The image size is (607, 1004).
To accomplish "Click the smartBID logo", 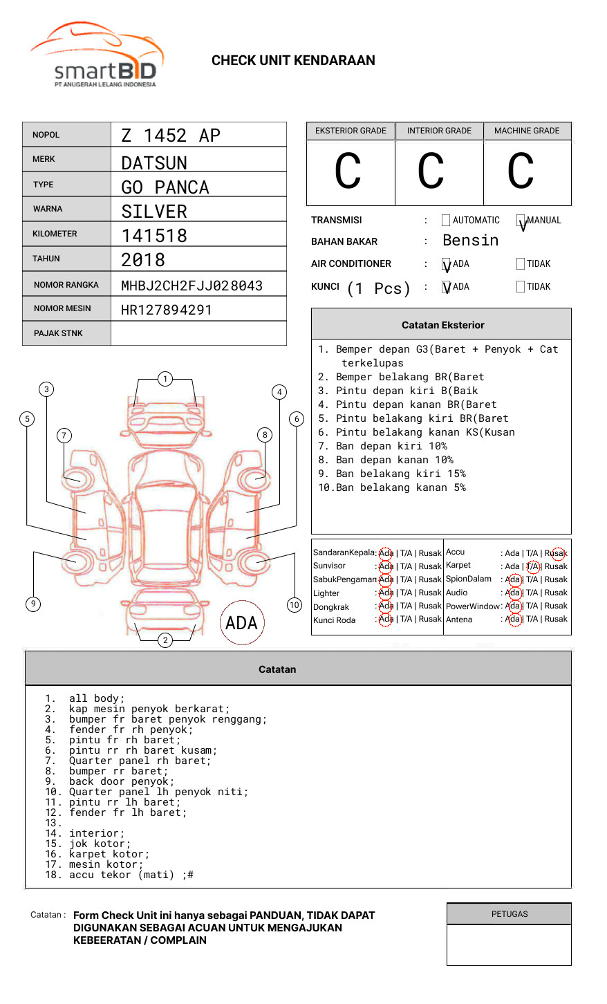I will point(97,55).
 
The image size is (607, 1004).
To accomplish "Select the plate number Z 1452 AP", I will point(170,136).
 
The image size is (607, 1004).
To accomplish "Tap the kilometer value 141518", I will point(154,236).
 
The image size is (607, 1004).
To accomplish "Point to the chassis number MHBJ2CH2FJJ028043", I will point(192,286).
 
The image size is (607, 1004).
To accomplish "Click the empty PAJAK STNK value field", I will point(198,333).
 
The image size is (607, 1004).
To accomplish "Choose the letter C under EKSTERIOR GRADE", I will point(348,172).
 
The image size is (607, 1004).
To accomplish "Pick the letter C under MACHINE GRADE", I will point(521,172).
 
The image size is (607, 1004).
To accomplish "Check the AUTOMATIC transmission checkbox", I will point(446,221).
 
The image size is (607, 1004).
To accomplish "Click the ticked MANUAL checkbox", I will point(521,221).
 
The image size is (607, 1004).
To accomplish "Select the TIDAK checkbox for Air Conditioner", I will point(521,263).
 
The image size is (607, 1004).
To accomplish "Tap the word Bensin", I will point(470,241).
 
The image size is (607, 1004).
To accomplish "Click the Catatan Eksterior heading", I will point(442,325).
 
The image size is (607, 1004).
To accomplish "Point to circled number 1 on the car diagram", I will point(165,378).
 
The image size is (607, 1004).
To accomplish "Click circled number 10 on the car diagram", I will point(295,605).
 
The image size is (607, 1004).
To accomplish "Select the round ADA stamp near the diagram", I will point(241,623).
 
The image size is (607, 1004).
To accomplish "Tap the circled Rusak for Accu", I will point(558,553).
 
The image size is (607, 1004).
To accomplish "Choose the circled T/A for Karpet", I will point(532,566).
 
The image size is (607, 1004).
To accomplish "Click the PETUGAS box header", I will point(510,914).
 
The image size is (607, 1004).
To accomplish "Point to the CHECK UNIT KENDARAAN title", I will point(293,61).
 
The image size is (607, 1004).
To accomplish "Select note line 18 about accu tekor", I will point(124,875).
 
